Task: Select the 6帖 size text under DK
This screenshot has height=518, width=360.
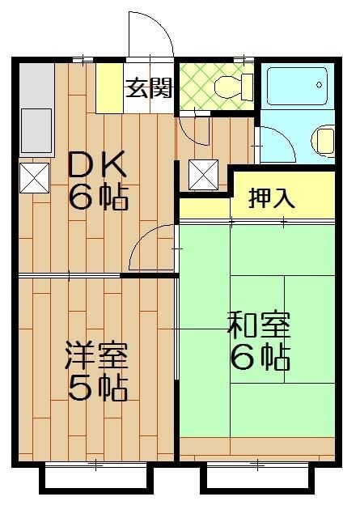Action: (97, 197)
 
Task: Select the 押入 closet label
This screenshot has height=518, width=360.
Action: (271, 198)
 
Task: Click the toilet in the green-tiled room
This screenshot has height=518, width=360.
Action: (235, 86)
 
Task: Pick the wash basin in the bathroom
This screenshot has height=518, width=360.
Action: (324, 140)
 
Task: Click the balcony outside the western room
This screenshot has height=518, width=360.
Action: (95, 478)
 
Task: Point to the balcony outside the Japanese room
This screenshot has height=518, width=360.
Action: (257, 478)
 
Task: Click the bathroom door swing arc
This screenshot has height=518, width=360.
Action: (273, 146)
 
